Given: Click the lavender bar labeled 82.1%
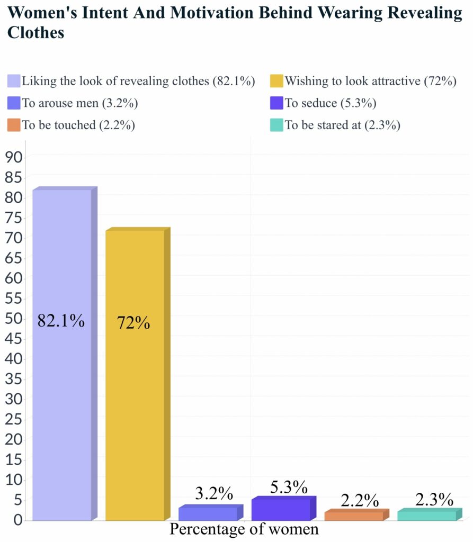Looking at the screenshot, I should point(61,355).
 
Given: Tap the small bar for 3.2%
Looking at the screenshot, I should point(208,513).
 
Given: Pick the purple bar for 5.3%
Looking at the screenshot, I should point(281,509).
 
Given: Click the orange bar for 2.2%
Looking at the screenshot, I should point(353,516).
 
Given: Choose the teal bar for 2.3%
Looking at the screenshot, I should point(426,515).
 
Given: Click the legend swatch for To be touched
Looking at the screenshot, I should point(14,125).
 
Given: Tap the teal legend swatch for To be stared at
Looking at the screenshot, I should point(277,125).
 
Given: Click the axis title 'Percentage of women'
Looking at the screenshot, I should point(244,529).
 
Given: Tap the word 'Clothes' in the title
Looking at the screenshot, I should point(35,32).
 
